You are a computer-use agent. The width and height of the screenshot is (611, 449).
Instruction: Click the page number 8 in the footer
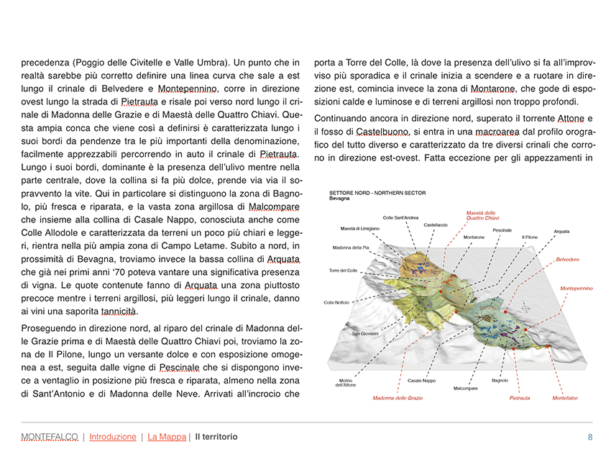pyautogui.click(x=589, y=437)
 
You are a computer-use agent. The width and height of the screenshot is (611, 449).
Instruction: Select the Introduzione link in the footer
pyautogui.click(x=113, y=437)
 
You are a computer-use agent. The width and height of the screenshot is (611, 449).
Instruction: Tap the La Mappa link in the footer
pyautogui.click(x=166, y=437)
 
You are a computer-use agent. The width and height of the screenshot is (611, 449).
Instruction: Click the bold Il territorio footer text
pyautogui.click(x=216, y=437)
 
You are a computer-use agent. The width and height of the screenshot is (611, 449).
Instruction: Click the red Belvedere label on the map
pyautogui.click(x=567, y=259)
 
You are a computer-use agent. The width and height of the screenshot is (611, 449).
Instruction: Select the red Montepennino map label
pyautogui.click(x=576, y=288)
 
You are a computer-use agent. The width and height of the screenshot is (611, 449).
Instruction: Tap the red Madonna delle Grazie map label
pyautogui.click(x=398, y=398)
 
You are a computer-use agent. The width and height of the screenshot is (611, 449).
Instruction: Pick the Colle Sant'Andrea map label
pyautogui.click(x=400, y=217)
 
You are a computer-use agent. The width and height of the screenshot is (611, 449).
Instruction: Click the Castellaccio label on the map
pyautogui.click(x=436, y=225)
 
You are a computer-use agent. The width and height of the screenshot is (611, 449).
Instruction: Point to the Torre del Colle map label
pyautogui.click(x=344, y=270)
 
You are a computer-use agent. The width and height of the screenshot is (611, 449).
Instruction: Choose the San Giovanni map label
pyautogui.click(x=364, y=334)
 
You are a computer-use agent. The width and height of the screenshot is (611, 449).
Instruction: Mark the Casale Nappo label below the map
pyautogui.click(x=421, y=380)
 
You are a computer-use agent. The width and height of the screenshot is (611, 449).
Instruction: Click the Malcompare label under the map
pyautogui.click(x=466, y=388)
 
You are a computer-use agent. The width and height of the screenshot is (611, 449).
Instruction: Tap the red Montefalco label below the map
pyautogui.click(x=565, y=398)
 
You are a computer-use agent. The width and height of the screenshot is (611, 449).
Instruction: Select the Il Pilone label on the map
pyautogui.click(x=529, y=237)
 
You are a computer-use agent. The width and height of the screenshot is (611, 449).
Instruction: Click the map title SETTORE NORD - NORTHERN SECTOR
pyautogui.click(x=377, y=194)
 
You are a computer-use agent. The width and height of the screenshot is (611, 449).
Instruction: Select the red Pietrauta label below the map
pyautogui.click(x=520, y=398)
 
